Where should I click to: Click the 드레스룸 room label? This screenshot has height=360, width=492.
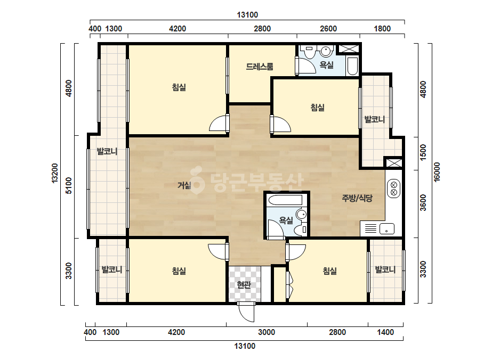click(259, 67)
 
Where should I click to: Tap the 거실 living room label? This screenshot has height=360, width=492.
click(184, 185)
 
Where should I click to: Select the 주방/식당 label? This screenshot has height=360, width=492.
click(357, 198)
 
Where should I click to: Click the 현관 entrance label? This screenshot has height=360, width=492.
click(244, 285)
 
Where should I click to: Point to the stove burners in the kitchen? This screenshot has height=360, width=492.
click(393, 189)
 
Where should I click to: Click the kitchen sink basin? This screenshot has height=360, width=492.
click(387, 228)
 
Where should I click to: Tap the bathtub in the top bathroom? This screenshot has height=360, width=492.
click(352, 66)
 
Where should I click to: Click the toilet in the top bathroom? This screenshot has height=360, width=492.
click(309, 52)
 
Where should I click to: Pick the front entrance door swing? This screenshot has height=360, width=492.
click(246, 312)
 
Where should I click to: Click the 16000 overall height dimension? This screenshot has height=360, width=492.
click(437, 172)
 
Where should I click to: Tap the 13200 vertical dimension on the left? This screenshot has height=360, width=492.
click(55, 173)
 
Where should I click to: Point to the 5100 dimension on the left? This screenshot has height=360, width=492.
click(69, 186)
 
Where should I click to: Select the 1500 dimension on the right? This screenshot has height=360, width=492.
click(423, 152)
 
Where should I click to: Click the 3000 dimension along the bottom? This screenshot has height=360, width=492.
click(267, 332)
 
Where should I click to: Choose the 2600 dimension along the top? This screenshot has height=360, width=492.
click(328, 29)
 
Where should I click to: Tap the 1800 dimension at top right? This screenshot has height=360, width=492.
click(382, 29)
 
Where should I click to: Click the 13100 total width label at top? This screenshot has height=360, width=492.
click(247, 15)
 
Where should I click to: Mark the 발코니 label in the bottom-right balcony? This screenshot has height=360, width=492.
click(385, 269)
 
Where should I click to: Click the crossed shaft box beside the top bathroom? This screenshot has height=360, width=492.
click(349, 48)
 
